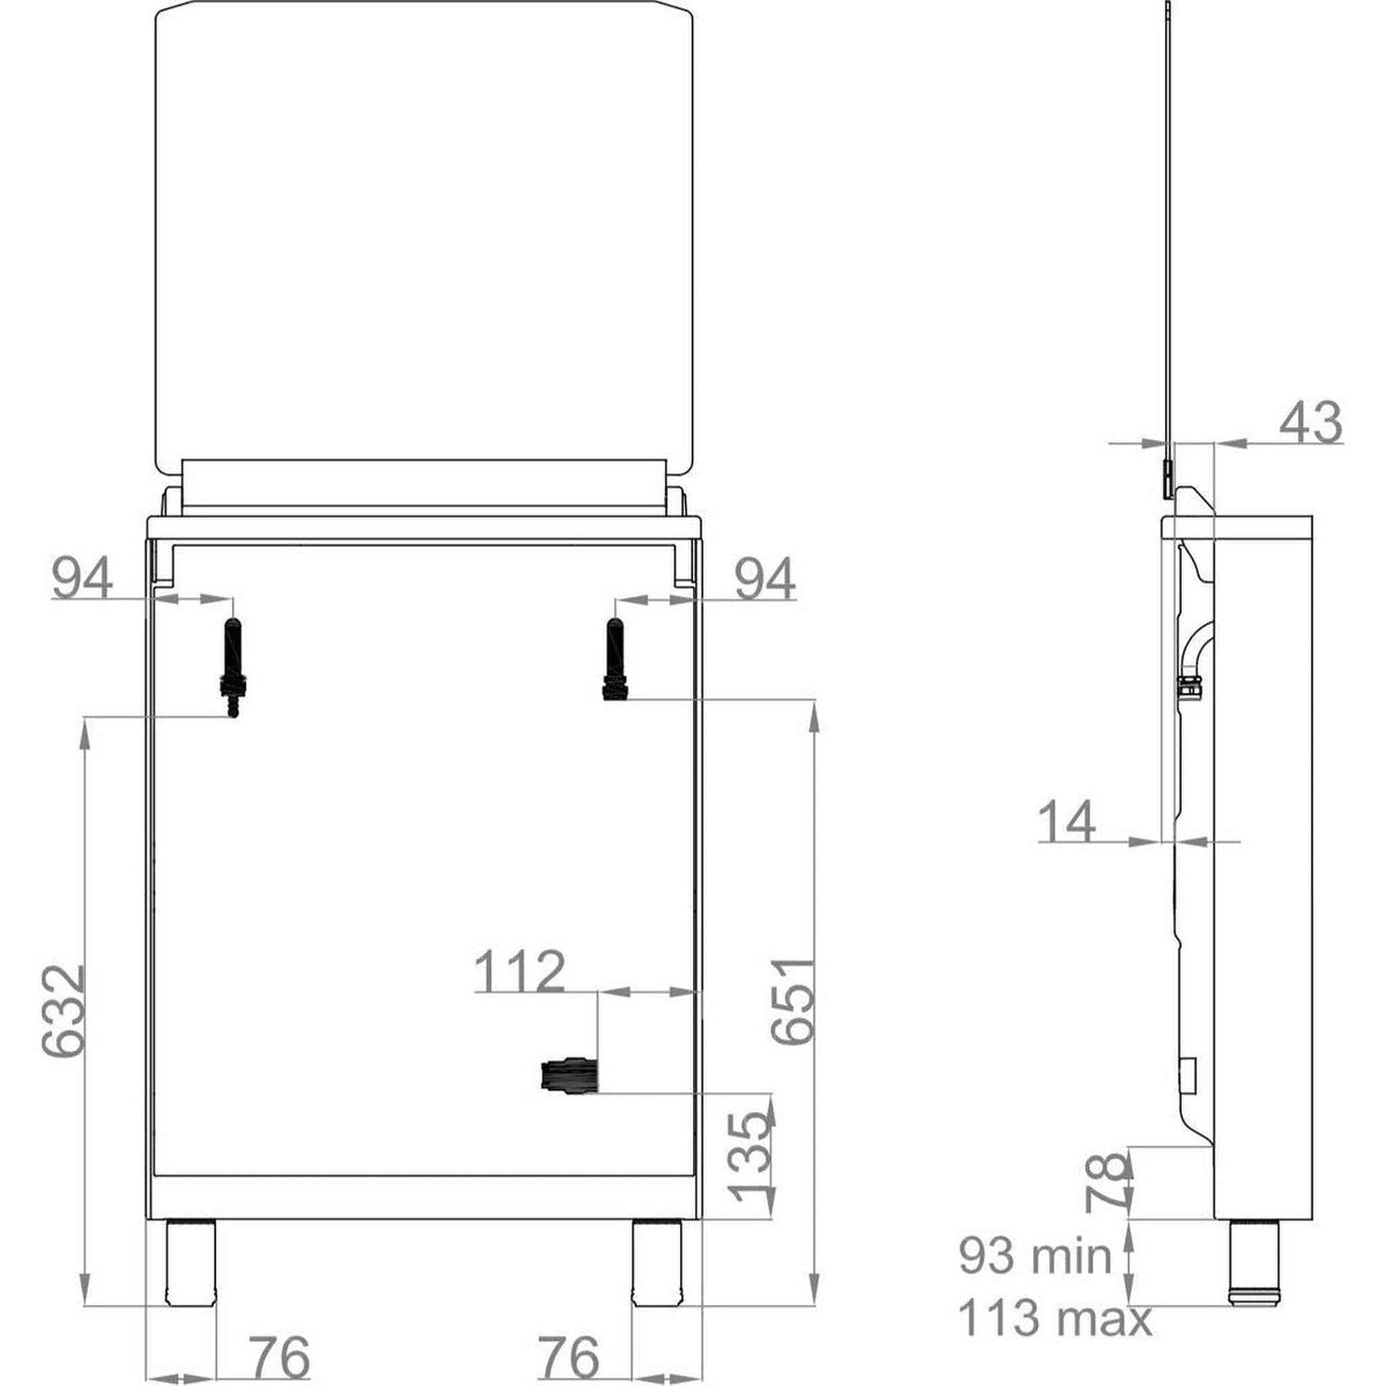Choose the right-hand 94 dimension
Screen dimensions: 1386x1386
pos(766,580)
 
